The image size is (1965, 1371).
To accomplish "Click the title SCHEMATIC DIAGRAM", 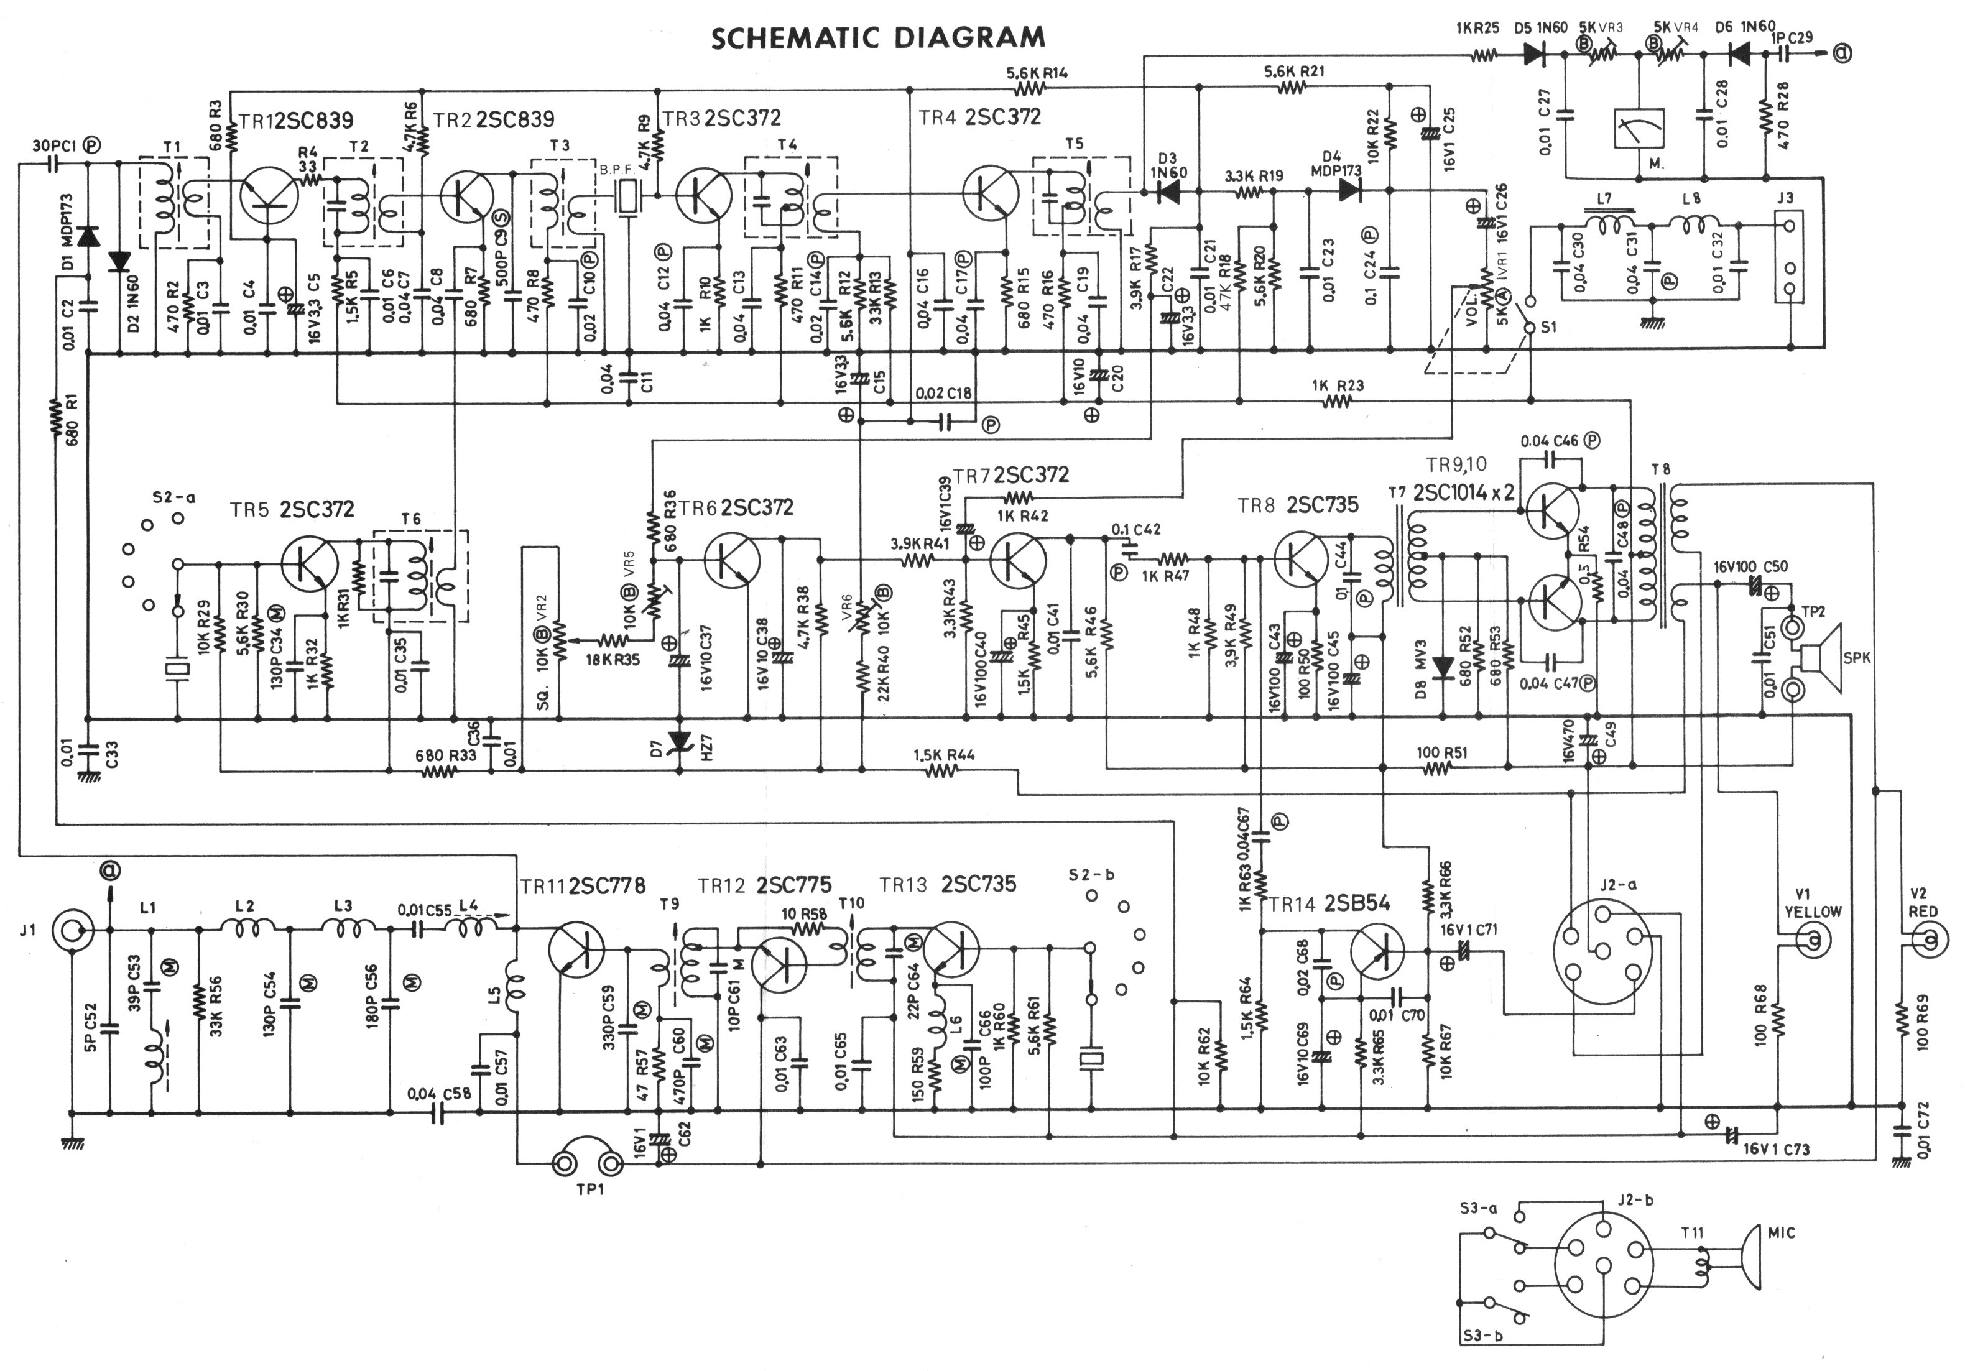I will (x=878, y=39).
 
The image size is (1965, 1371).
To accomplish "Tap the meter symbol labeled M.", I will (x=1637, y=132).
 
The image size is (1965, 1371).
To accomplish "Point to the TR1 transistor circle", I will (x=269, y=193).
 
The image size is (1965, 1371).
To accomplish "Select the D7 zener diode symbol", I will (x=680, y=741).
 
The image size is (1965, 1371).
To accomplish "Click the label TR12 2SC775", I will (x=764, y=884).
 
